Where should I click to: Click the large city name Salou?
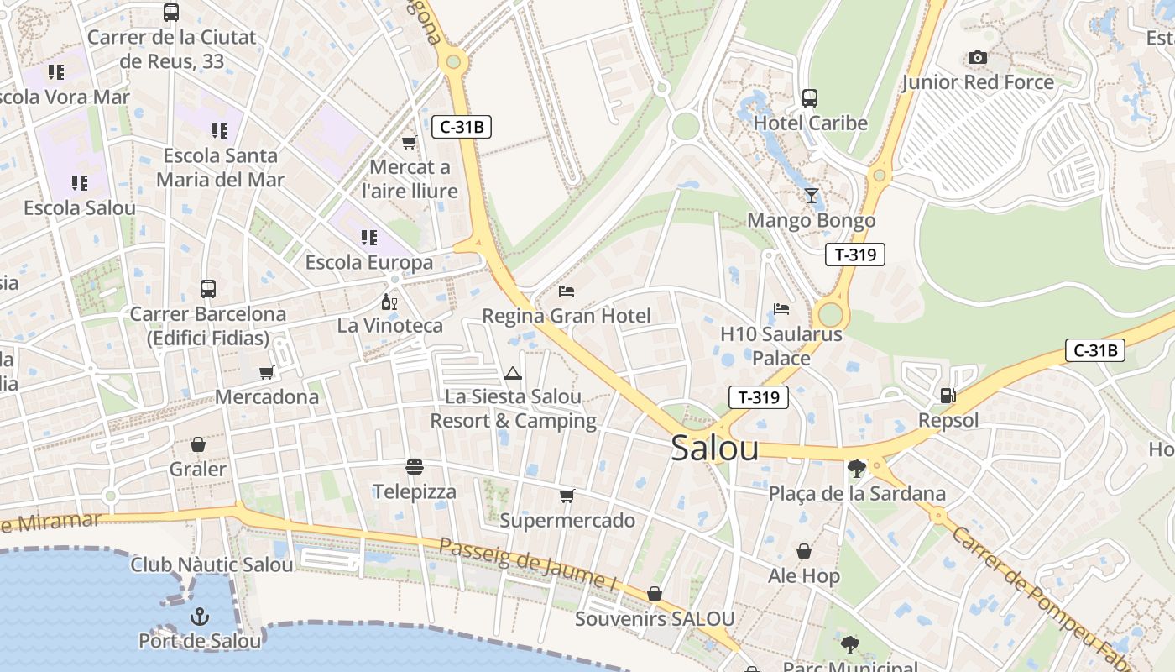point(714,449)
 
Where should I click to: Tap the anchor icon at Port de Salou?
point(199,617)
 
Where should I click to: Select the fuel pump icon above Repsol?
point(948,395)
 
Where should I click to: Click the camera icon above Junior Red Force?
point(977,58)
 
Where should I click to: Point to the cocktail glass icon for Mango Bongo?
point(811,196)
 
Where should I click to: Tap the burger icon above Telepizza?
point(414,466)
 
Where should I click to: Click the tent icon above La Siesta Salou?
point(512,373)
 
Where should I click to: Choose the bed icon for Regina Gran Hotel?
point(567,291)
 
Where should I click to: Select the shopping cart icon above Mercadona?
point(267,372)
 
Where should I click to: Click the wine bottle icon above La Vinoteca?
point(389,302)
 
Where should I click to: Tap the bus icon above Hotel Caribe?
point(809,98)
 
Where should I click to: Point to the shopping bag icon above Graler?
point(198,444)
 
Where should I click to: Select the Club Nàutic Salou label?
point(211,564)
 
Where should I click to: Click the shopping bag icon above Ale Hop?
point(804,552)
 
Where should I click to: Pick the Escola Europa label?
point(369,263)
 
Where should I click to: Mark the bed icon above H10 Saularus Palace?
point(781,309)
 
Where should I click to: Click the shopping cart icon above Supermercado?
point(567,496)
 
